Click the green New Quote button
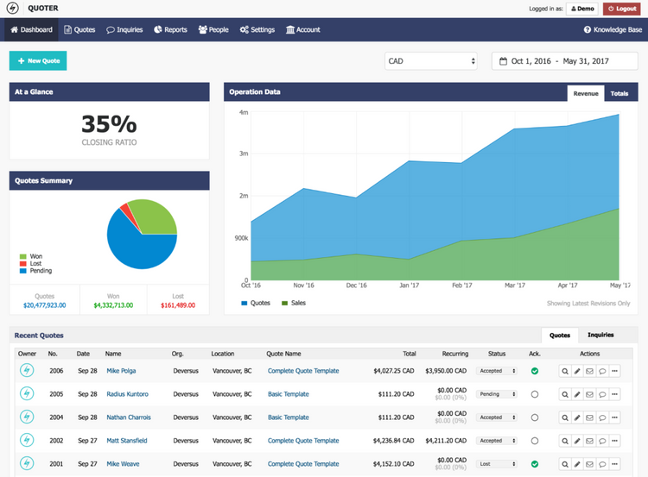(38, 61)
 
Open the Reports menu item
(170, 29)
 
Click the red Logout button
(622, 9)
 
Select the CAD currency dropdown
(431, 61)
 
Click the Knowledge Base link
(613, 29)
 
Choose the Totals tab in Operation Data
(619, 93)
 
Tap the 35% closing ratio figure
(109, 124)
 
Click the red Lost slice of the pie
(124, 210)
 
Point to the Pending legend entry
(38, 271)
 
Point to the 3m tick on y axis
(244, 154)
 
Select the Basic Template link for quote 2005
(288, 394)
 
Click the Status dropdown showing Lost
(497, 463)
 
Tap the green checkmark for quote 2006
(535, 371)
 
